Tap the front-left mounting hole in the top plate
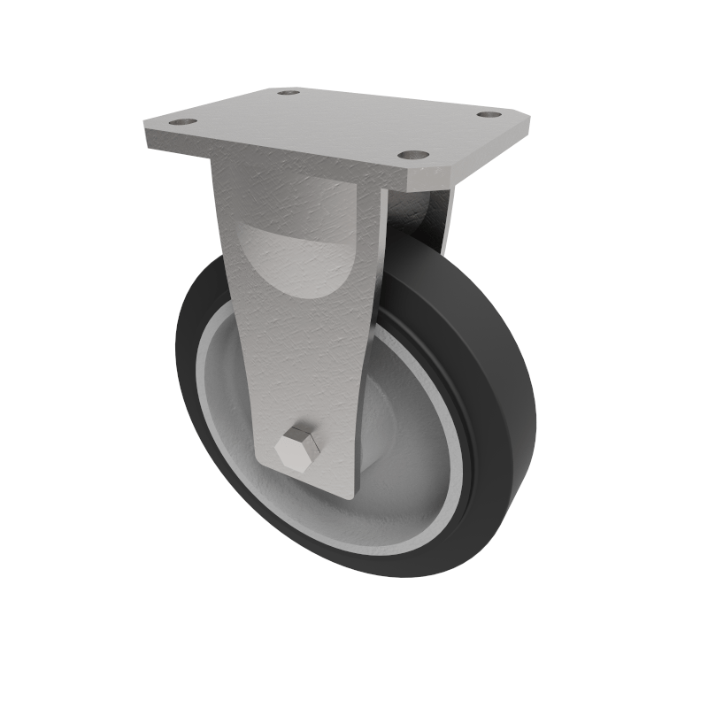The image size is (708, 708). click(x=181, y=120)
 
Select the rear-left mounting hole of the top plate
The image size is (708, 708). click(x=288, y=92)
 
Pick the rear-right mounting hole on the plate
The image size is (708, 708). click(x=487, y=114)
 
